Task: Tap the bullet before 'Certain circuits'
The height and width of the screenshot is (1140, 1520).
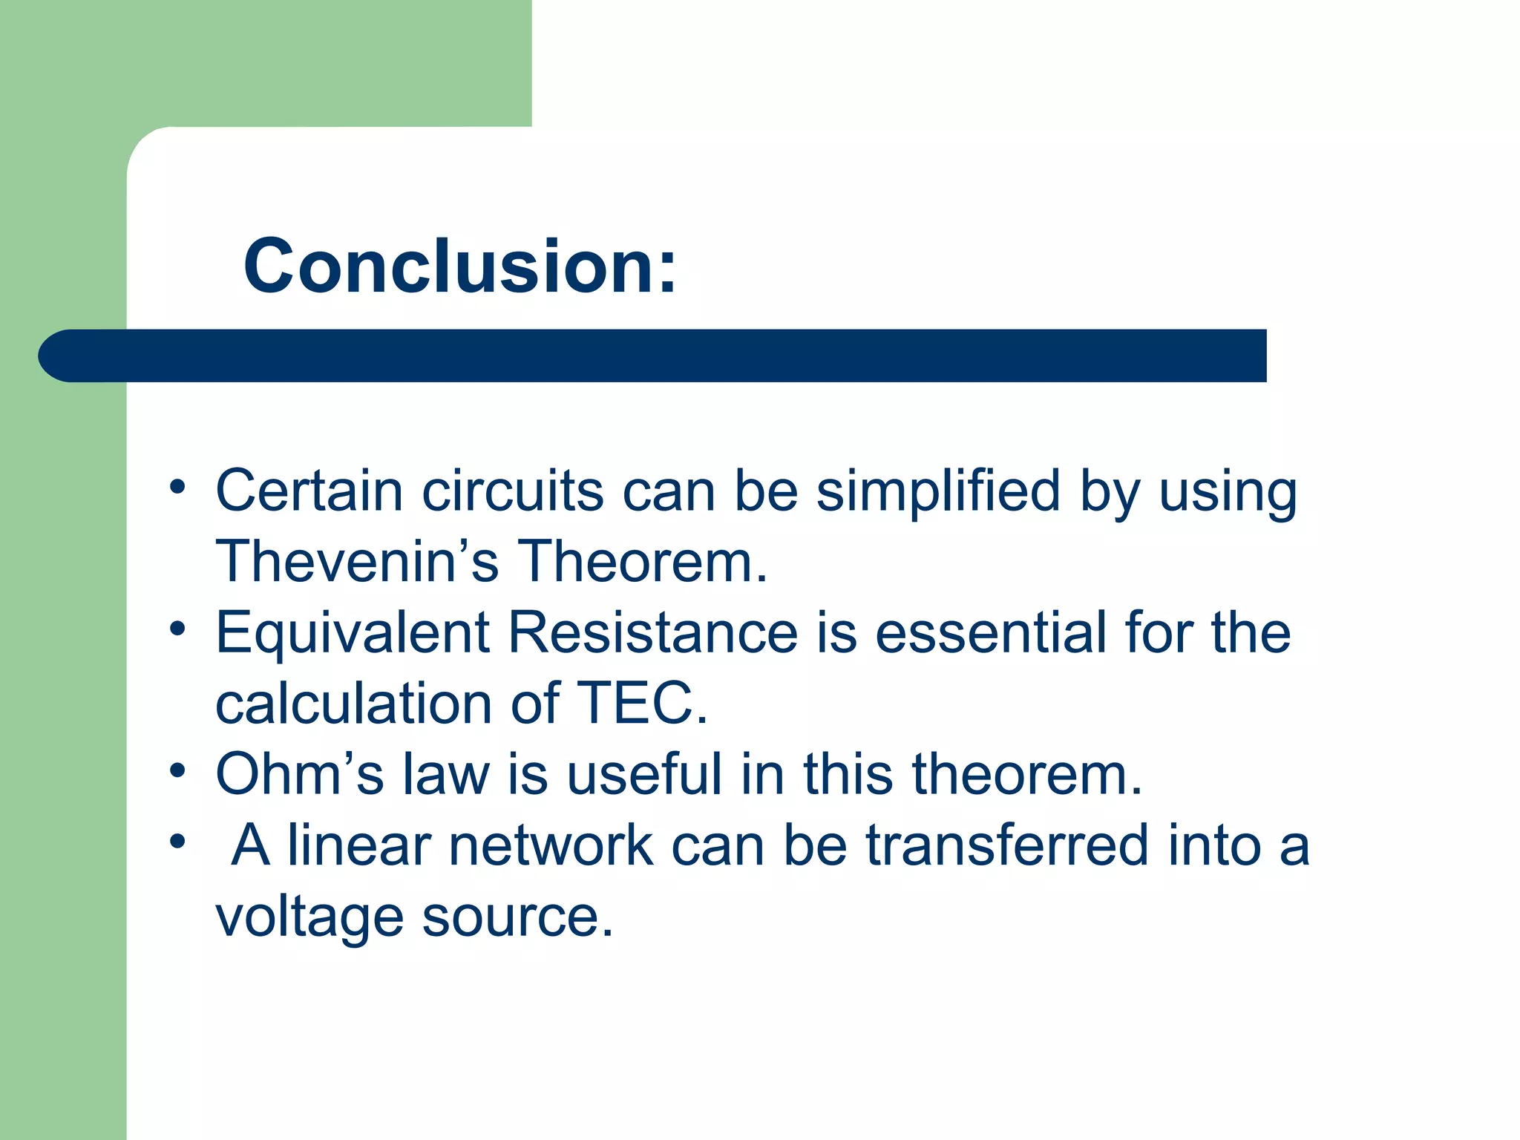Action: click(x=177, y=488)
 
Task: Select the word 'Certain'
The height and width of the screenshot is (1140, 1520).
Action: click(x=309, y=491)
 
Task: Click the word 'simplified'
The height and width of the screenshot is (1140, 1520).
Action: click(x=938, y=491)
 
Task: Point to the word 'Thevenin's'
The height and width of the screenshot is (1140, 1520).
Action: click(x=356, y=561)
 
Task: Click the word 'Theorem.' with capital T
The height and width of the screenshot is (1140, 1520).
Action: click(x=641, y=561)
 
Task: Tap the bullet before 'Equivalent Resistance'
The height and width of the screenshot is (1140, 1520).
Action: click(x=177, y=629)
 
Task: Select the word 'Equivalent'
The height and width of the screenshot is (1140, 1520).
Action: click(x=352, y=632)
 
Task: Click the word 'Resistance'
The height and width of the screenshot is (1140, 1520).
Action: click(x=653, y=632)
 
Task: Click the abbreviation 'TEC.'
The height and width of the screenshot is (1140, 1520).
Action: click(x=643, y=703)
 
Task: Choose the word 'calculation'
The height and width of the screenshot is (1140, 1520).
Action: click(x=353, y=703)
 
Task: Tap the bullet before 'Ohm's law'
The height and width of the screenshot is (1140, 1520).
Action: click(x=177, y=770)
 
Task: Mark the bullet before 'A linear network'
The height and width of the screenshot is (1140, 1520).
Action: click(x=177, y=842)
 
